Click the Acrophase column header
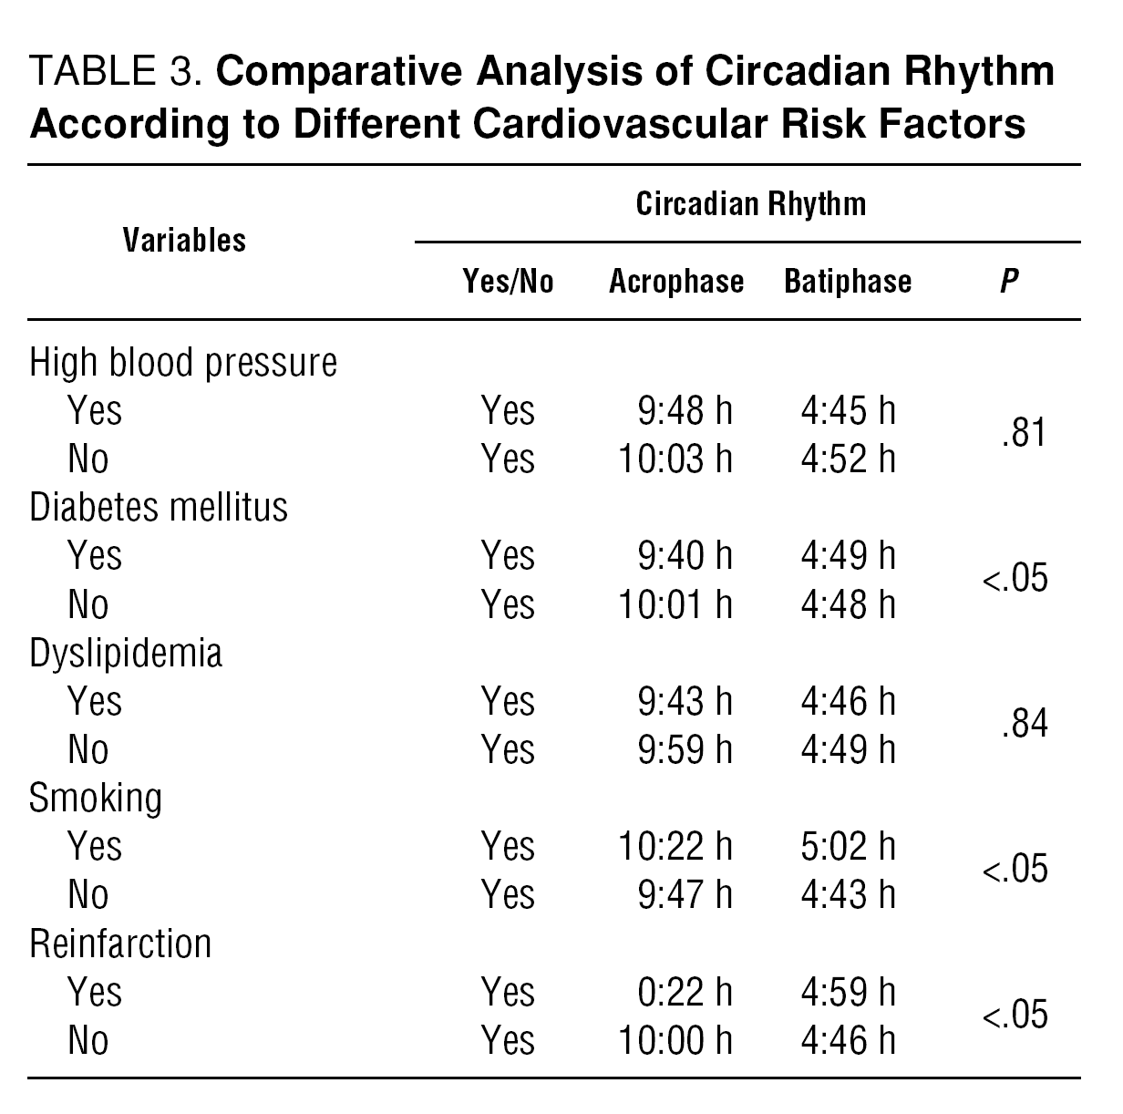pos(675,282)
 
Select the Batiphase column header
pos(847,282)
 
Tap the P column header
pos(1008,282)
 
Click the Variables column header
pos(184,241)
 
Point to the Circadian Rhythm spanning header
pos(750,203)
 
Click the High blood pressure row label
pos(183,363)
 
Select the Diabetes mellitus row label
pos(159,507)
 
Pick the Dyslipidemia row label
pos(126,654)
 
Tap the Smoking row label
pos(96,798)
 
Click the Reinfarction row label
pos(120,944)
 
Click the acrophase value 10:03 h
pos(675,459)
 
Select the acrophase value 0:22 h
pos(685,992)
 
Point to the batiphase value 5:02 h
pos(848,846)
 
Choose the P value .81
pos(1023,434)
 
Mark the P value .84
pos(1023,725)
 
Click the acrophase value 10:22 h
pos(675,846)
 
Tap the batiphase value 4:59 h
pos(848,992)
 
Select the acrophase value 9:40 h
pos(685,555)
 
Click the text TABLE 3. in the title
pos(116,72)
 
